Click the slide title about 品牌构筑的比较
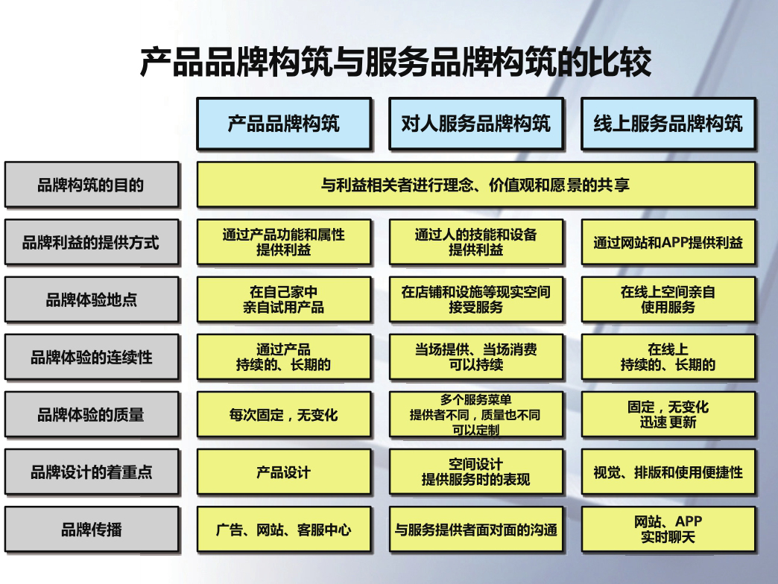point(395,63)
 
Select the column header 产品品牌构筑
point(284,124)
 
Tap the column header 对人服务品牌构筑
point(476,124)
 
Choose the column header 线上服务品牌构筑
point(668,124)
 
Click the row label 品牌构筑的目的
point(92,185)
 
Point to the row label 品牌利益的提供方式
point(92,242)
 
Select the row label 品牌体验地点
point(92,299)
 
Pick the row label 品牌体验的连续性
point(92,357)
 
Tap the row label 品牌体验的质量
point(92,414)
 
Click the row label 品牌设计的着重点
point(92,472)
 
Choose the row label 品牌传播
point(92,529)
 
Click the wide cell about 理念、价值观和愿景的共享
point(476,185)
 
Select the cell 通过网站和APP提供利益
point(668,242)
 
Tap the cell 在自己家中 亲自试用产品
point(284,299)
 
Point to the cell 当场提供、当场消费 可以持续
point(476,357)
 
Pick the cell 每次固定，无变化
point(284,414)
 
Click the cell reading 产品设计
point(284,472)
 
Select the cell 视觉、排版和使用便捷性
point(668,472)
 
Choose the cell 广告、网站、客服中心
point(284,529)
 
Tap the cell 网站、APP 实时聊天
point(668,529)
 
